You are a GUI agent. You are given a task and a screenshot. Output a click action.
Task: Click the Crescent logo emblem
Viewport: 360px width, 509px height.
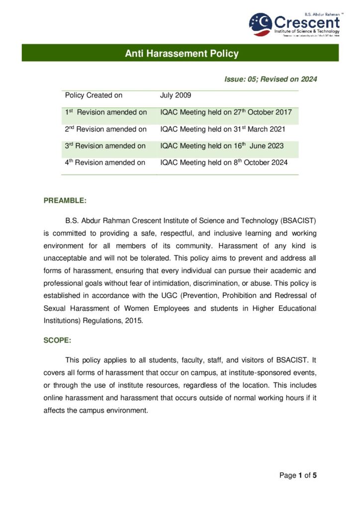[261, 25]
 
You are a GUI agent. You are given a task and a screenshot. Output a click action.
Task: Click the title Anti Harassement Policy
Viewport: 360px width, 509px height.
[181, 53]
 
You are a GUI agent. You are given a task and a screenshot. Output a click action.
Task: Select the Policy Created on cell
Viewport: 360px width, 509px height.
[93, 95]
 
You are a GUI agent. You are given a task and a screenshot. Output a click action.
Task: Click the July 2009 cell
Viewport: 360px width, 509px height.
[176, 95]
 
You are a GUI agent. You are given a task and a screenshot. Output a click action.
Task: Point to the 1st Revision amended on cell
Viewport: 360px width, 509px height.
[106, 112]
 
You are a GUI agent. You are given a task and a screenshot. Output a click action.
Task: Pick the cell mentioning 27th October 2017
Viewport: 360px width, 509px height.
[226, 112]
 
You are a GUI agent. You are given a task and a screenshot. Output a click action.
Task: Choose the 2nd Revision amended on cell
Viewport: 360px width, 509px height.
[106, 129]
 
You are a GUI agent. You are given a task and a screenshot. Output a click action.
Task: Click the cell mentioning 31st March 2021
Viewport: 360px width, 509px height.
[222, 129]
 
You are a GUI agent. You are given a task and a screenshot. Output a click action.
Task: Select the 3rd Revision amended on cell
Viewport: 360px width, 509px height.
[105, 146]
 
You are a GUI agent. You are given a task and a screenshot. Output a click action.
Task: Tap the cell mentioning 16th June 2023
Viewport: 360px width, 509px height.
[222, 146]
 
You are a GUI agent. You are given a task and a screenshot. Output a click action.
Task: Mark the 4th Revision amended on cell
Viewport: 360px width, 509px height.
[105, 163]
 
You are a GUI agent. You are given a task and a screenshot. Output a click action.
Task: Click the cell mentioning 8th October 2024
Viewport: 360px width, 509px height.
[224, 163]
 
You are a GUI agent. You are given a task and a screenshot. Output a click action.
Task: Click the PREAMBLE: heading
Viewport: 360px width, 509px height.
[65, 201]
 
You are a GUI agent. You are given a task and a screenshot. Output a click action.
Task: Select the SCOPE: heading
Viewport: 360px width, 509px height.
[57, 342]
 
